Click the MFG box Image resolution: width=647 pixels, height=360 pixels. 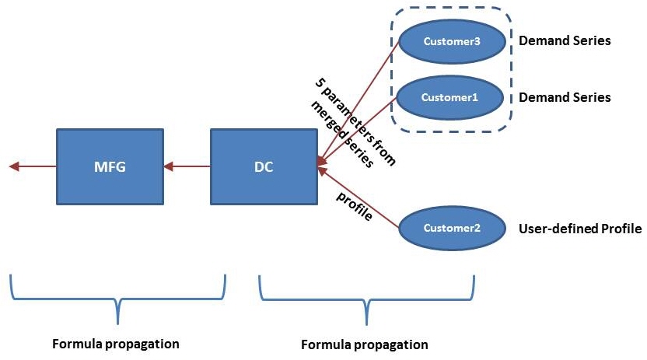110,166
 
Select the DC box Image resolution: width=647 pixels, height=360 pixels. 264,166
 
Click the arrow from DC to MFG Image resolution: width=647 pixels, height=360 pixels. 187,166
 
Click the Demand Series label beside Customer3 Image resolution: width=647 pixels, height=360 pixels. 564,40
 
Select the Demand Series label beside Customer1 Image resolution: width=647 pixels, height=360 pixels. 564,97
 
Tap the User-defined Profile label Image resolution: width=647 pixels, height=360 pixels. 579,229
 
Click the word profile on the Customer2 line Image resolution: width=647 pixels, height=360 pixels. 354,205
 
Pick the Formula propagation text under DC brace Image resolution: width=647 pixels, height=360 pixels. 364,344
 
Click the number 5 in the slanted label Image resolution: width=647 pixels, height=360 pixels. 320,82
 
